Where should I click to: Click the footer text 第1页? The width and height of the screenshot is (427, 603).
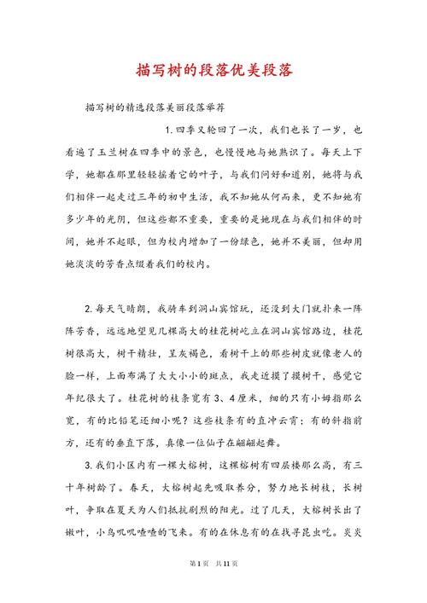(x=198, y=588)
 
